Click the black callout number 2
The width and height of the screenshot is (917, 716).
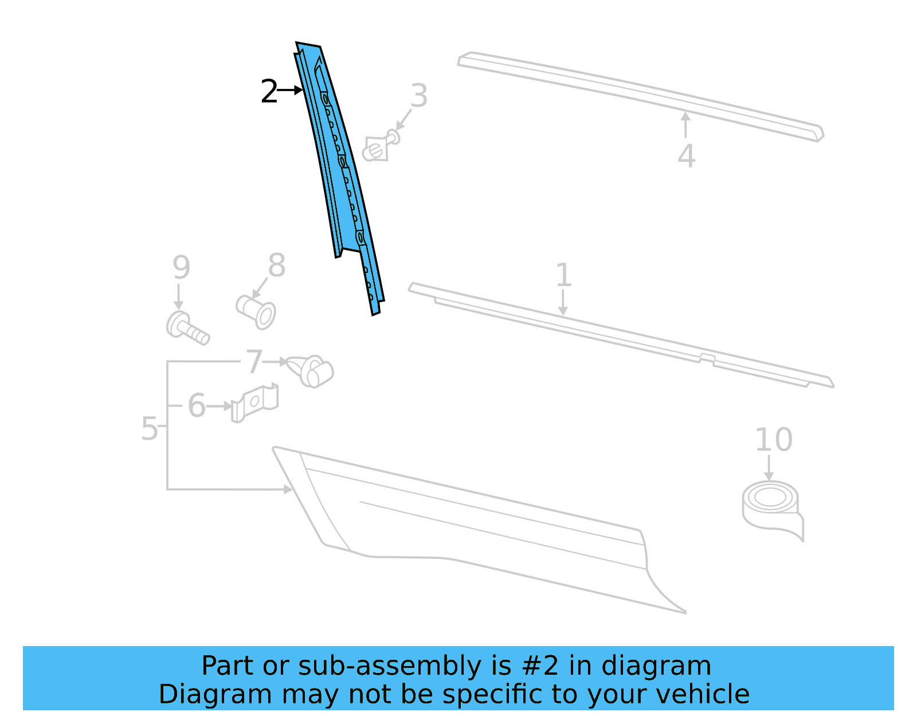[x=268, y=92]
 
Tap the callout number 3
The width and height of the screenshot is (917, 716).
[x=419, y=96]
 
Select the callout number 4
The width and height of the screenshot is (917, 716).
[x=686, y=156]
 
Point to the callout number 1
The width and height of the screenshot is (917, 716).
[x=563, y=275]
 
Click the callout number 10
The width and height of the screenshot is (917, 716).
[x=773, y=440]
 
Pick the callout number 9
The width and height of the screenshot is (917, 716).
[x=181, y=268]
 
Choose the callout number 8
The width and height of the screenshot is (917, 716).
[x=276, y=266]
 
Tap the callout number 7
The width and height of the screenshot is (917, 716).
[x=254, y=362]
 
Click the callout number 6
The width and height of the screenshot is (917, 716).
[x=197, y=406]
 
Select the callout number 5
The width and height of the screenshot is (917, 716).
[x=149, y=429]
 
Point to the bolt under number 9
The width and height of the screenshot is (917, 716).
[x=187, y=329]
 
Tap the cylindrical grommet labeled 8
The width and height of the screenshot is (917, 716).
[x=257, y=311]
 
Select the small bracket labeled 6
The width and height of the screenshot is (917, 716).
[x=256, y=402]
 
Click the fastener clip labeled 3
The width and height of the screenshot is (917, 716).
[x=379, y=147]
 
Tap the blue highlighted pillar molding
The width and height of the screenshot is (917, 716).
[x=340, y=172]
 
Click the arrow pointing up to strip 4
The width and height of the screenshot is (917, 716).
[x=685, y=124]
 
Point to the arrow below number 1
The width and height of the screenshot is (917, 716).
[x=563, y=302]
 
